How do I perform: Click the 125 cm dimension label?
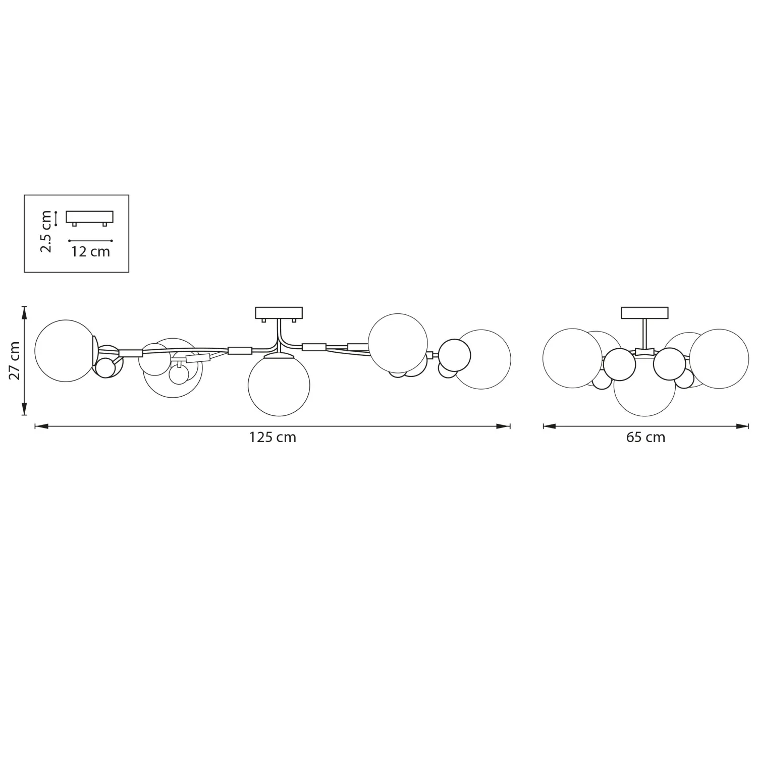tap(273, 437)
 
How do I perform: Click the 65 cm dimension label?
tap(645, 437)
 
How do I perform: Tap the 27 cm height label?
tap(15, 361)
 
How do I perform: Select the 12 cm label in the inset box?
tap(90, 251)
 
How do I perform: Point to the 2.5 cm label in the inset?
tap(46, 232)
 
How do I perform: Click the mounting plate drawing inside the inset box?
tap(90, 219)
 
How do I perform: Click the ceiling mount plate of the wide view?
tap(279, 313)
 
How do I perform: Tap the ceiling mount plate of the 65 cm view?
tap(644, 313)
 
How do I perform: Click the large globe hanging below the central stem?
tap(279, 385)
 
